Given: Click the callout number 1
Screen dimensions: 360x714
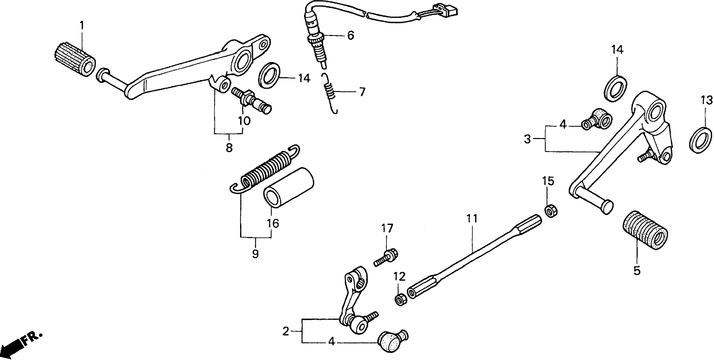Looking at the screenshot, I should tap(82, 26).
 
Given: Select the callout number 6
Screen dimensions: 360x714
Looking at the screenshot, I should tap(350, 35).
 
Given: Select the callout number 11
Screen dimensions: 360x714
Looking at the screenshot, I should tap(472, 219).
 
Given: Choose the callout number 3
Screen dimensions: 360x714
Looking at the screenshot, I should tap(527, 139).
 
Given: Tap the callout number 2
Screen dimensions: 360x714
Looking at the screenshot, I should tap(286, 331).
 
